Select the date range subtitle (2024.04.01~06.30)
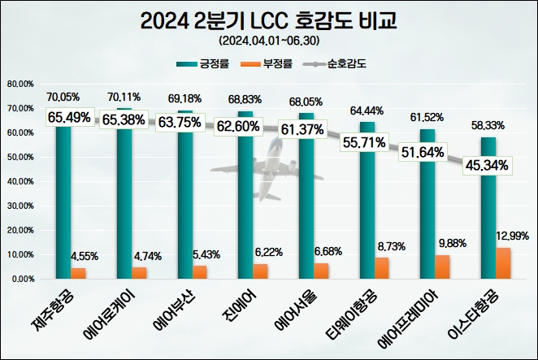[268, 40]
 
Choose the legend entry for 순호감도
[342, 63]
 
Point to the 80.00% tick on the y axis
[20, 84]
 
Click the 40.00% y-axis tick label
[20, 181]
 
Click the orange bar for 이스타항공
[505, 263]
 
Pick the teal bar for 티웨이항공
[367, 201]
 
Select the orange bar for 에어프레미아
[444, 267]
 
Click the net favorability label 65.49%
[70, 118]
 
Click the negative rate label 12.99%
[512, 236]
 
